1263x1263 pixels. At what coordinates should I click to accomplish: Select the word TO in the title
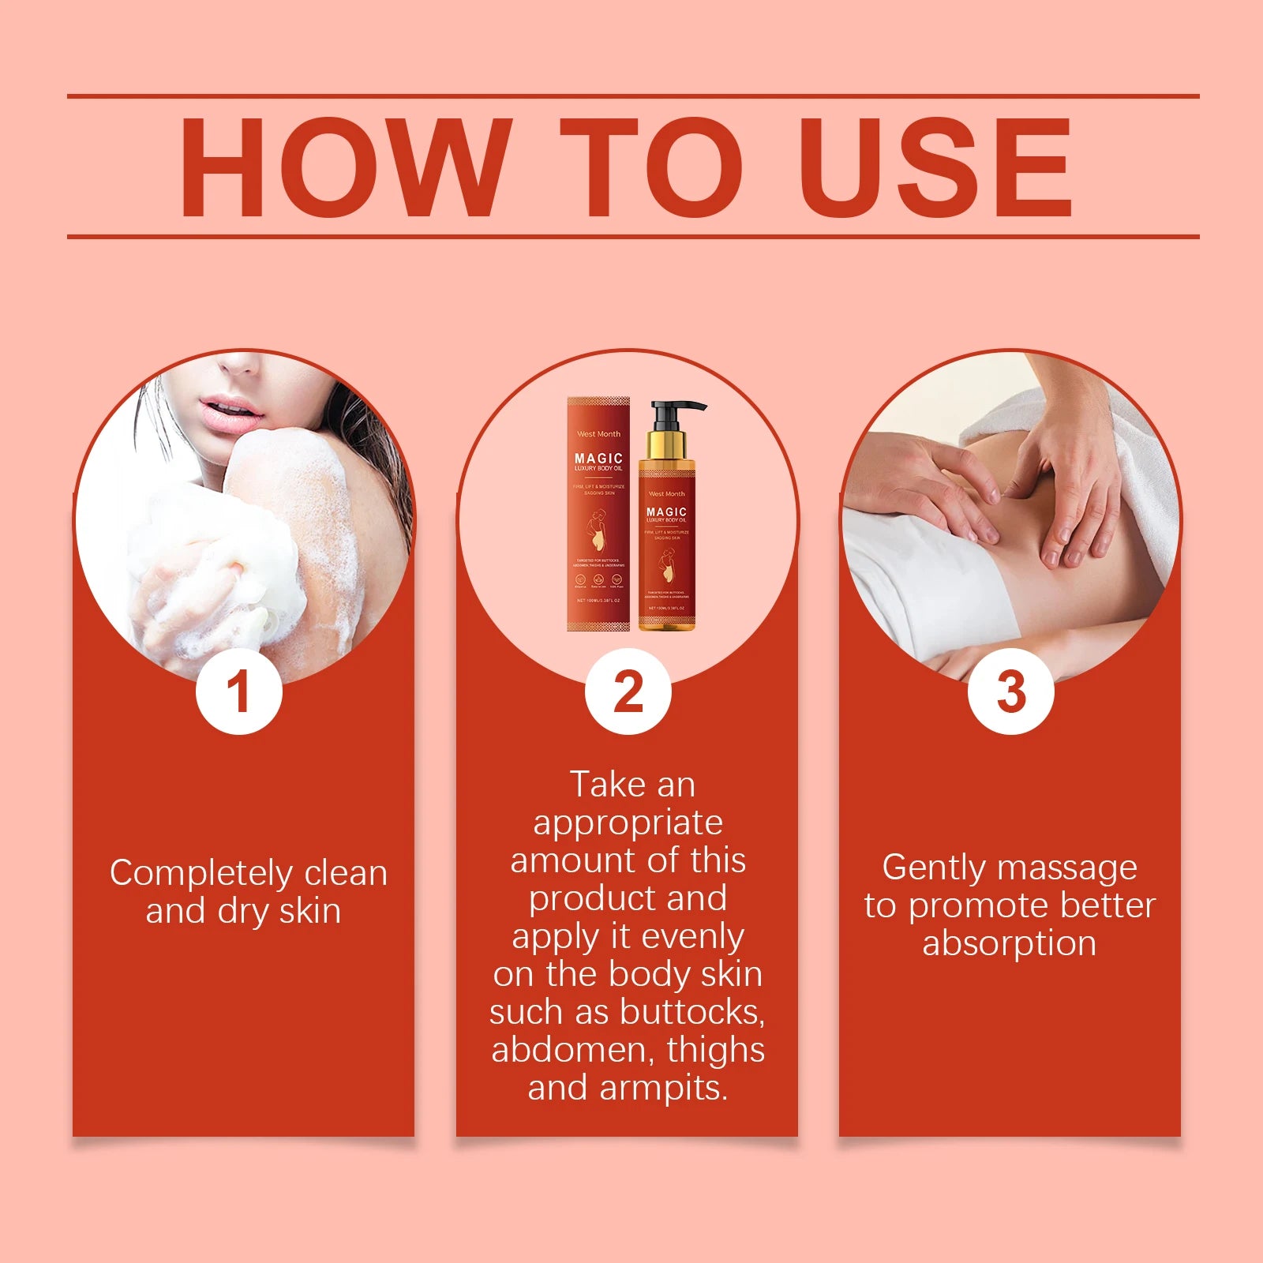pos(652,167)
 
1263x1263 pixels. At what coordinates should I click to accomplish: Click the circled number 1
pos(238,692)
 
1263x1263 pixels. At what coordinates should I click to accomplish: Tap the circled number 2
pos(628,692)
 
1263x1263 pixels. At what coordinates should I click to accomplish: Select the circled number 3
pos(1011,692)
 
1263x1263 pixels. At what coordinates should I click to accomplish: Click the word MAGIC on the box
pos(598,458)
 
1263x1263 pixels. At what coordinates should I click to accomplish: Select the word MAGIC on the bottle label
pos(667,512)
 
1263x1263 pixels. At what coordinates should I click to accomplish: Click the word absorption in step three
pos(1010,943)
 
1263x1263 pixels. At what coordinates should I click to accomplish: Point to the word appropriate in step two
pos(628,823)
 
